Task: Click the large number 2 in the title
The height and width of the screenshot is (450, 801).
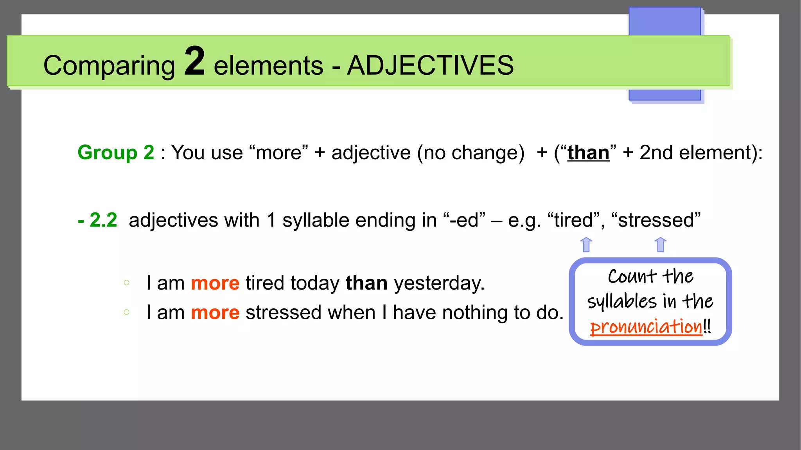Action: coord(194,61)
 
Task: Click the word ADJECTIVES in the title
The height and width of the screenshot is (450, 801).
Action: coord(430,65)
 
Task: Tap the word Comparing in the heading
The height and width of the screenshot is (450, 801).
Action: coord(109,65)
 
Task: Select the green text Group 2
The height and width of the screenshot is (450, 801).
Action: coord(116,152)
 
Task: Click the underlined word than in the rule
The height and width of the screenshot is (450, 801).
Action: coord(588,153)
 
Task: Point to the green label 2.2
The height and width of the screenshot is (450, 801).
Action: coord(103,220)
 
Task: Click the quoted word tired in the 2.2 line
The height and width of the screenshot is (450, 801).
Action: coord(573,220)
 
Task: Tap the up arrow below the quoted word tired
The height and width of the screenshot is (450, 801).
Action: coord(586,245)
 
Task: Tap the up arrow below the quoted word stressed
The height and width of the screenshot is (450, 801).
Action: coord(660,245)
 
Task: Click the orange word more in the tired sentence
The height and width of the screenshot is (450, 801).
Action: coord(215,283)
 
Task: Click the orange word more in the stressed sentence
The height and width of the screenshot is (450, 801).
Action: coord(215,313)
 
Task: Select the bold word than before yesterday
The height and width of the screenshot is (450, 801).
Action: coord(366,283)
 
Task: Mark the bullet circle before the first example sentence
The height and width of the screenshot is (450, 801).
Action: coord(126,283)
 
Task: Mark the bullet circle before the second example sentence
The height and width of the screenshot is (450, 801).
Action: coord(126,312)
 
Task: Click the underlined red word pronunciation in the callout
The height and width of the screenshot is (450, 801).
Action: coord(646,327)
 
